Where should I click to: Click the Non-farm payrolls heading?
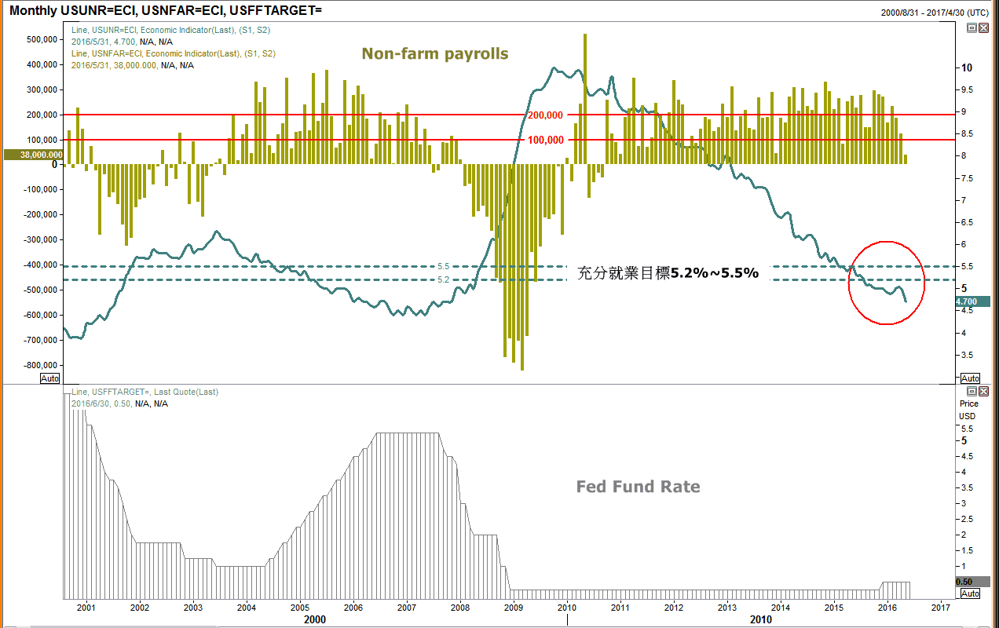(x=435, y=53)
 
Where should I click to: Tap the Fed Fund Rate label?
(x=638, y=487)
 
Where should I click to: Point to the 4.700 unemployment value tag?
(x=972, y=301)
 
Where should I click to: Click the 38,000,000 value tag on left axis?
(x=32, y=155)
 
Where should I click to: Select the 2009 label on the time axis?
(x=514, y=608)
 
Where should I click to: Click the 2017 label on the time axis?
(x=941, y=608)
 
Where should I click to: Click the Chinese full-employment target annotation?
(x=668, y=273)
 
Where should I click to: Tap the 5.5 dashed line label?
(x=443, y=266)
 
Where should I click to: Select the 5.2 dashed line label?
(x=443, y=279)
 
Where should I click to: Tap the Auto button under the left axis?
(x=50, y=378)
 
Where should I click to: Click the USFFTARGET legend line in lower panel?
(x=145, y=392)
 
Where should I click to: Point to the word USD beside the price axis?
(x=968, y=416)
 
